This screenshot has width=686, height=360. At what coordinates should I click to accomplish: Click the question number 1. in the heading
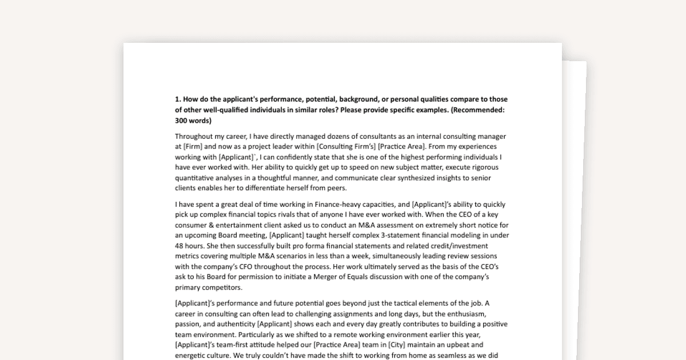[178, 99]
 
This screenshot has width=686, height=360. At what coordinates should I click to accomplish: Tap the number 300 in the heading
[182, 121]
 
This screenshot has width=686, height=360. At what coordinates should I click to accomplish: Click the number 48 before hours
[180, 246]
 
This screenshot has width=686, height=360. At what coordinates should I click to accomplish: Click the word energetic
[192, 355]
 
